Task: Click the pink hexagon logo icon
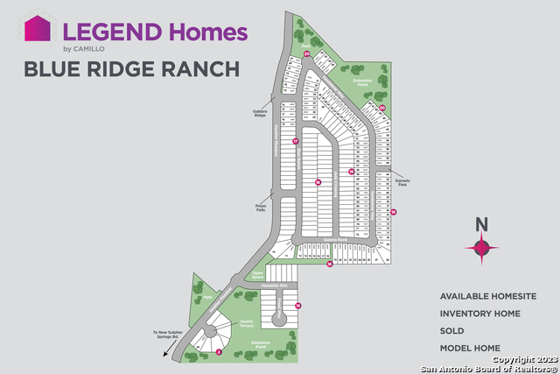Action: [x=35, y=28]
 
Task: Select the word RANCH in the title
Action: [x=198, y=68]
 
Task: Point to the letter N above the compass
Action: [x=480, y=223]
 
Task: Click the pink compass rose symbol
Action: [x=480, y=249]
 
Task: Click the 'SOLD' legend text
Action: [x=451, y=331]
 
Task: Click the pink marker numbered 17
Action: [x=296, y=141]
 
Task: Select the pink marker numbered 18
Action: [x=318, y=183]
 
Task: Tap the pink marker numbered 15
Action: [x=297, y=305]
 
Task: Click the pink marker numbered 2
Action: [x=218, y=352]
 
